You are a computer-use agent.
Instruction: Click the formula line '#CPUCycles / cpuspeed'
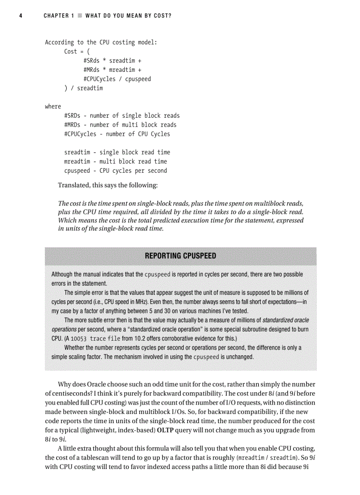[x=117, y=79]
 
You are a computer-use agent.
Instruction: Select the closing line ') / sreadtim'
[x=83, y=88]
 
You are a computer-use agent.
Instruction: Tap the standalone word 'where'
[x=53, y=106]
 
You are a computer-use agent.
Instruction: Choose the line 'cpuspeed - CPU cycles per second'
[x=116, y=171]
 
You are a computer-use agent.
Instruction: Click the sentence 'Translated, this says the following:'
[x=108, y=185]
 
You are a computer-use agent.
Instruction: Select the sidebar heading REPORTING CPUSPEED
[x=180, y=256]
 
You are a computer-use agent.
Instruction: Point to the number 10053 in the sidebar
[x=79, y=339]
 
